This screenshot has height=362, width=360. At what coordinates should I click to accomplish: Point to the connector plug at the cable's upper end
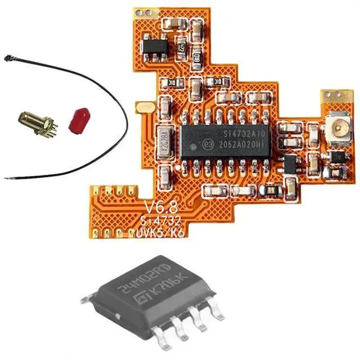[x=9, y=58]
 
